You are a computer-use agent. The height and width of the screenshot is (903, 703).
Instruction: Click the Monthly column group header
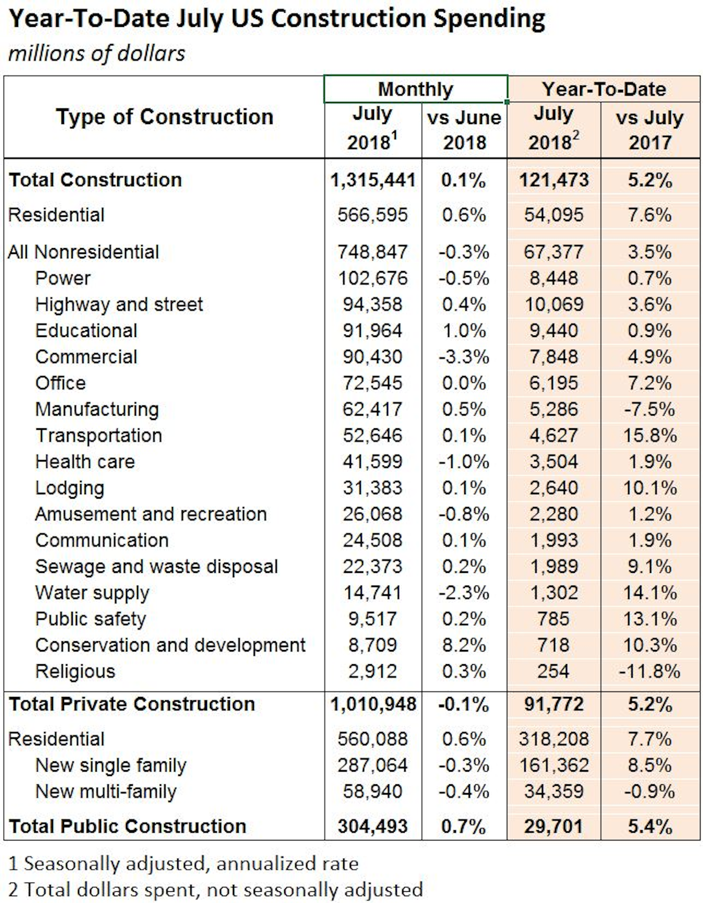(415, 89)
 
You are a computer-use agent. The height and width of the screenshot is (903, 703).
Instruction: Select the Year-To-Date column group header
(603, 89)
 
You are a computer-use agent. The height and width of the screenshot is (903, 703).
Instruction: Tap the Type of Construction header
(164, 117)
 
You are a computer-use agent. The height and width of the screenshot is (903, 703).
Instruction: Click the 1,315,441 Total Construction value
(372, 180)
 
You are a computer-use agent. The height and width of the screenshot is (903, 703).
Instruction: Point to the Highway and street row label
(119, 305)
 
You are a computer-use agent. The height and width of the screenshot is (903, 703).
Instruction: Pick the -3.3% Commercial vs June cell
(463, 357)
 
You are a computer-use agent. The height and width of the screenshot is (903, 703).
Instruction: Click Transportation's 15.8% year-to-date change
(650, 436)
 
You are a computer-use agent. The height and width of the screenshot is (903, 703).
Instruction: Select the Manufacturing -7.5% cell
(649, 409)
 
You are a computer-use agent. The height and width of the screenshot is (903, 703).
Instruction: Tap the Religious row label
(75, 672)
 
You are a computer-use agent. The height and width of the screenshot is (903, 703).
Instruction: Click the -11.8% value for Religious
(649, 672)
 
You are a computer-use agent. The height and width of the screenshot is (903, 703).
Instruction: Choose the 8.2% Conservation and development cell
(463, 645)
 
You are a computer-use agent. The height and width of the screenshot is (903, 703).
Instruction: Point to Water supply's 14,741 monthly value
(372, 593)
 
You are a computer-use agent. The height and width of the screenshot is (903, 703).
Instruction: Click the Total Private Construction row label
(132, 704)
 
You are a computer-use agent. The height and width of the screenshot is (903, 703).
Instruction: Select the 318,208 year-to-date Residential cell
(554, 739)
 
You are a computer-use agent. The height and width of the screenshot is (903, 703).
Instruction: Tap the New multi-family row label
(106, 792)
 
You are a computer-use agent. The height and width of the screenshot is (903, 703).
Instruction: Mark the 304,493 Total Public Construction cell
(372, 826)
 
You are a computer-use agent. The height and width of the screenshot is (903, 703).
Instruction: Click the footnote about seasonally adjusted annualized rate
(184, 863)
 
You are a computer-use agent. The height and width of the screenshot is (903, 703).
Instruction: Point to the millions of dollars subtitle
(97, 53)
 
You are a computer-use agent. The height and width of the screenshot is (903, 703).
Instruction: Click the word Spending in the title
(489, 20)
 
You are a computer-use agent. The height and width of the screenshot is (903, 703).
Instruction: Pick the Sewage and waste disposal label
(156, 567)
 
